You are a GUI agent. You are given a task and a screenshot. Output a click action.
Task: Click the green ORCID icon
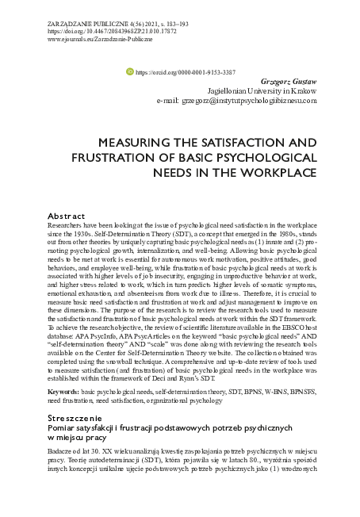click(x=131, y=71)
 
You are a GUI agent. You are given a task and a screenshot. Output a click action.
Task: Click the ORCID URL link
click(x=186, y=71)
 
